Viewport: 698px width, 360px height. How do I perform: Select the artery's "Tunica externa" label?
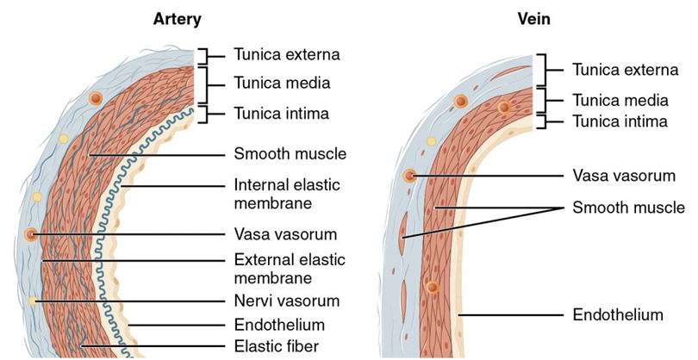click(287, 54)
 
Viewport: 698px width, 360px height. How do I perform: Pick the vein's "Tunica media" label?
click(620, 100)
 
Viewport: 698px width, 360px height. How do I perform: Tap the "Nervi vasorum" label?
click(286, 301)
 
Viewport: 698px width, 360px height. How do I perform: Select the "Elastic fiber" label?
click(275, 347)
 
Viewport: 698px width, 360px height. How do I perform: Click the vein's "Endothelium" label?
click(617, 315)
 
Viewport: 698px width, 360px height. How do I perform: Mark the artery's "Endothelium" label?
click(279, 325)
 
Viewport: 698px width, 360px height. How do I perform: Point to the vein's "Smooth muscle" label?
click(628, 208)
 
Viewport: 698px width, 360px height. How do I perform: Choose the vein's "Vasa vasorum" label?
click(624, 176)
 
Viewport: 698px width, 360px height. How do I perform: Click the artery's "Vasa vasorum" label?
click(285, 233)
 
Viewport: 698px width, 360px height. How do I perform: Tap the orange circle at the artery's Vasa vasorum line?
click(33, 233)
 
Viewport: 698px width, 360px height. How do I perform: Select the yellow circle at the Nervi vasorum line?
click(33, 301)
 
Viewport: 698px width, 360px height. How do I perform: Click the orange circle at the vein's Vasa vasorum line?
click(411, 176)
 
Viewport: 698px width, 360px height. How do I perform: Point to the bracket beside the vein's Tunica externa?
click(539, 70)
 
